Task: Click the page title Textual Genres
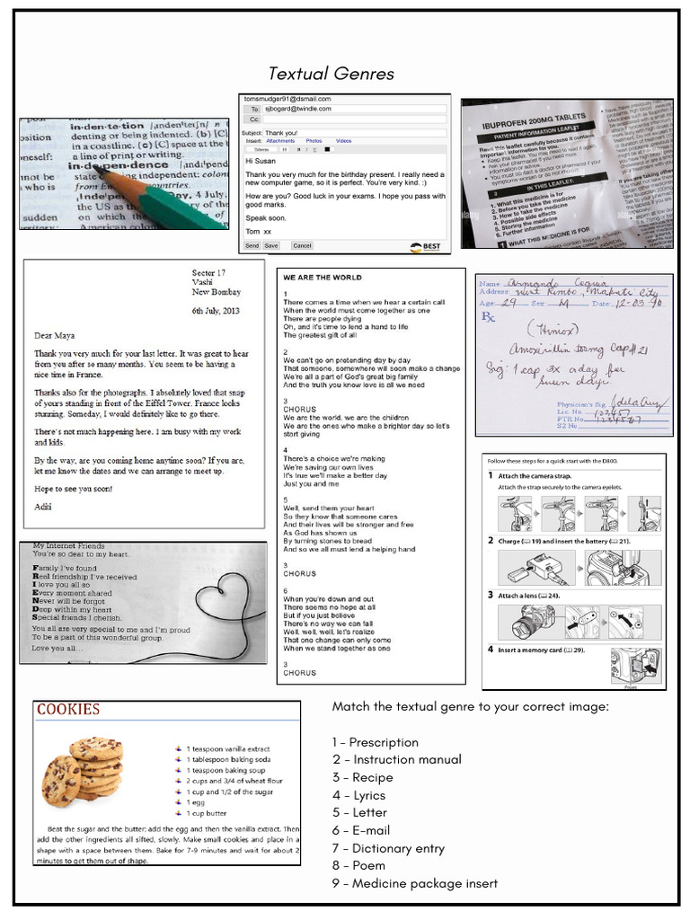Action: (x=331, y=74)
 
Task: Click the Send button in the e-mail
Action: (x=252, y=245)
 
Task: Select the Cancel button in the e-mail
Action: (x=302, y=245)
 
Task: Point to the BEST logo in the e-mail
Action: (x=428, y=246)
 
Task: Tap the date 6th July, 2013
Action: (x=216, y=311)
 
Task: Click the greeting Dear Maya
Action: (x=57, y=335)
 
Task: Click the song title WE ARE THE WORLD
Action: (x=322, y=279)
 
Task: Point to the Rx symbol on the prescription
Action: (x=489, y=318)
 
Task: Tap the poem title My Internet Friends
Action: (x=68, y=545)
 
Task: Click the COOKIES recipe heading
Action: (x=68, y=710)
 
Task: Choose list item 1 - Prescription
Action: (x=375, y=742)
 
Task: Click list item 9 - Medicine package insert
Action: (x=414, y=883)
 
